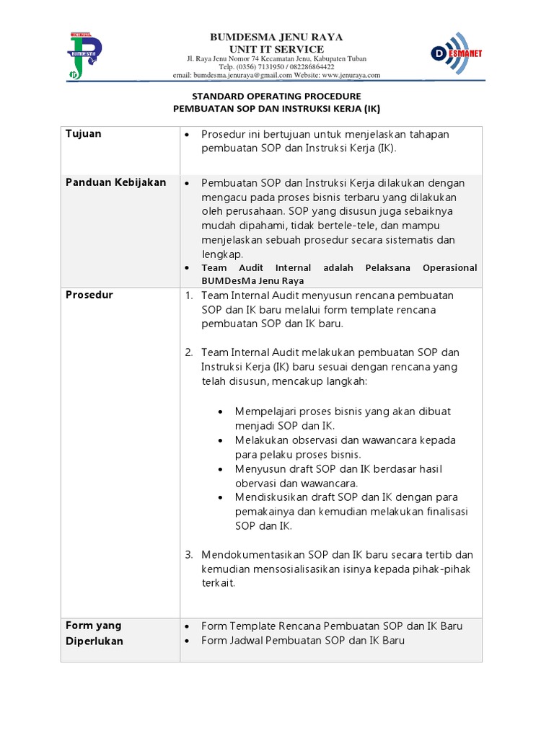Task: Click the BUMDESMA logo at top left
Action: tap(84, 54)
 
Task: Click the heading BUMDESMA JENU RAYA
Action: tap(276, 37)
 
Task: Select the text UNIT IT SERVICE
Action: tap(276, 48)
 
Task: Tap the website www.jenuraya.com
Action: tap(351, 75)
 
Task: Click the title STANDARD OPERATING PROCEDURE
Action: tap(276, 96)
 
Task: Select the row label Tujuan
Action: tap(84, 134)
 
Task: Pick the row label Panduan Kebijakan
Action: tap(115, 182)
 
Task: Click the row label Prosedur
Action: tap(89, 295)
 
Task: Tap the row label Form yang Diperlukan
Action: tap(94, 633)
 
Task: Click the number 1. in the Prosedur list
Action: tap(189, 295)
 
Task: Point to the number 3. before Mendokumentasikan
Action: tap(189, 555)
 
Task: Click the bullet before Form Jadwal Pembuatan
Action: tap(187, 641)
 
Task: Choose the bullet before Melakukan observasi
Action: tap(220, 440)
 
